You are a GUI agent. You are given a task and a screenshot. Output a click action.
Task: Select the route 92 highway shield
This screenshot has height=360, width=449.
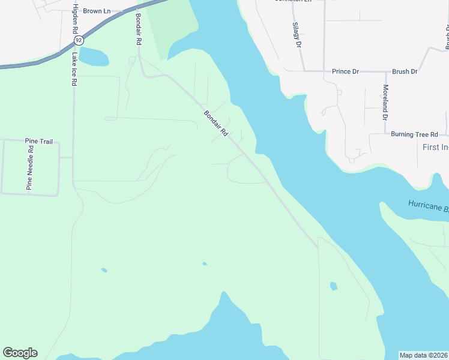(x=79, y=40)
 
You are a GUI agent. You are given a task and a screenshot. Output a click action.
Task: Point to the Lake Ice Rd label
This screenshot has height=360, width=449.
(x=74, y=69)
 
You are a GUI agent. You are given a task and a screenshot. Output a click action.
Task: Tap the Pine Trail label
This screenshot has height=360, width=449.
(x=38, y=142)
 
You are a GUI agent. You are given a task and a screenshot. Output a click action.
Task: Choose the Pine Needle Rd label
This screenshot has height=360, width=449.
(x=29, y=167)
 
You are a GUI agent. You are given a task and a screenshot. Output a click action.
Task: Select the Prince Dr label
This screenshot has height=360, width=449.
(x=345, y=71)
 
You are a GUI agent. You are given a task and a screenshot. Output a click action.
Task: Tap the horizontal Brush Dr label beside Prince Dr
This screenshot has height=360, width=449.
(x=405, y=71)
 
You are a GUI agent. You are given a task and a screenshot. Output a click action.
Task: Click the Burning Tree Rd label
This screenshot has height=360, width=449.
(x=414, y=134)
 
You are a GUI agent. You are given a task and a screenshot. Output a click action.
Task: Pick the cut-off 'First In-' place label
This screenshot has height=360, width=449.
(x=435, y=147)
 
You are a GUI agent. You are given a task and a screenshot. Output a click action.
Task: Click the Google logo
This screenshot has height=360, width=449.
(x=20, y=353)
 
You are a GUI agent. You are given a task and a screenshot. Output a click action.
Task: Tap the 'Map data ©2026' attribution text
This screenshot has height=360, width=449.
(x=424, y=355)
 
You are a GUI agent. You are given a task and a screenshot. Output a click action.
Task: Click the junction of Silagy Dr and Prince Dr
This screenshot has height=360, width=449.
(x=303, y=71)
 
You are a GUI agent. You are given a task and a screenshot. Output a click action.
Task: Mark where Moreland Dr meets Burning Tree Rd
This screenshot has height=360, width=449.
(x=385, y=134)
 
